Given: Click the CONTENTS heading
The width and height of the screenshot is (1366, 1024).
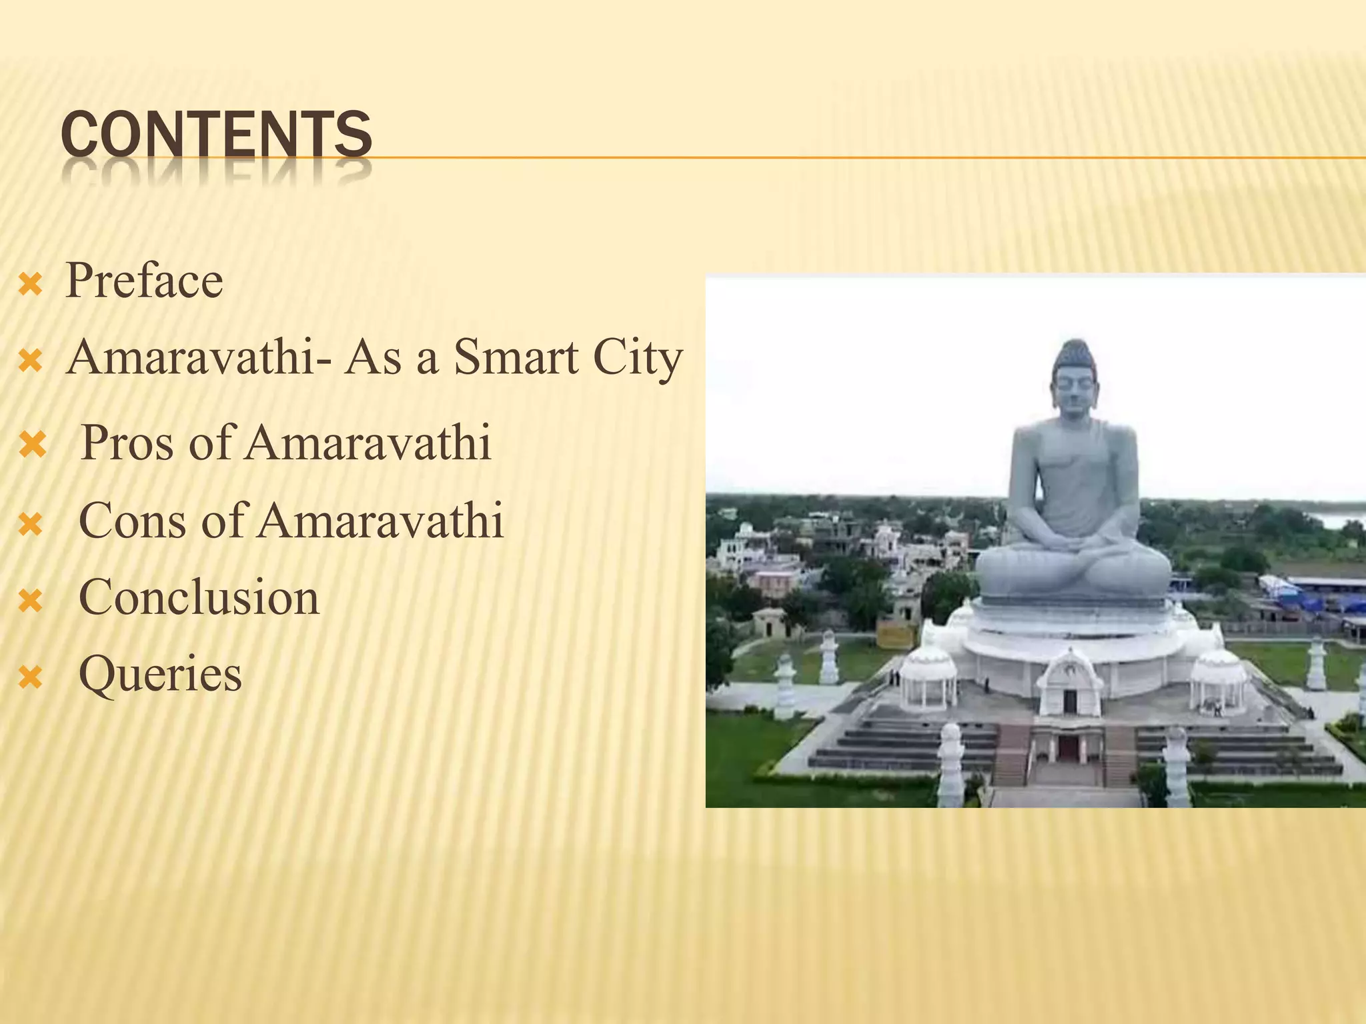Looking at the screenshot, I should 216,136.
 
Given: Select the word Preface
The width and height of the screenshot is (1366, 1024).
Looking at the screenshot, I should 144,281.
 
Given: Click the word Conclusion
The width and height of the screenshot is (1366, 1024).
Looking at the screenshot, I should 199,597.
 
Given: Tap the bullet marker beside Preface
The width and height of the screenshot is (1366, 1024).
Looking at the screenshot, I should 31,286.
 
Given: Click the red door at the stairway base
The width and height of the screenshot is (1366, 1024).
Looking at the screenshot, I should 1068,749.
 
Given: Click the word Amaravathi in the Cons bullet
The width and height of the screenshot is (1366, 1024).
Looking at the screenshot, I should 380,521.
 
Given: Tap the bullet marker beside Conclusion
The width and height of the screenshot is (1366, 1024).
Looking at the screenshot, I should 31,602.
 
